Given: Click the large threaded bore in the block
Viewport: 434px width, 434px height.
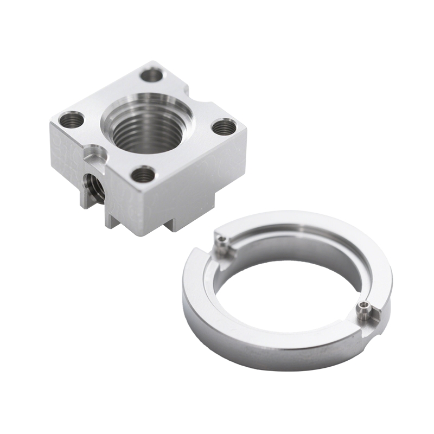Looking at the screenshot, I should [x=145, y=129].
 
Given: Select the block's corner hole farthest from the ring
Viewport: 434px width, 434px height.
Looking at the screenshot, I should [x=71, y=119].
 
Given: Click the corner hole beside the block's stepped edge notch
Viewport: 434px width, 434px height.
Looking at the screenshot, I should [x=154, y=74].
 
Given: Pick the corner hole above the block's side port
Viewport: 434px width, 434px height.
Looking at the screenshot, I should [x=144, y=174].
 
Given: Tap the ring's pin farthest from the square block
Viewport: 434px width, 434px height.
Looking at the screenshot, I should [x=362, y=310].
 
